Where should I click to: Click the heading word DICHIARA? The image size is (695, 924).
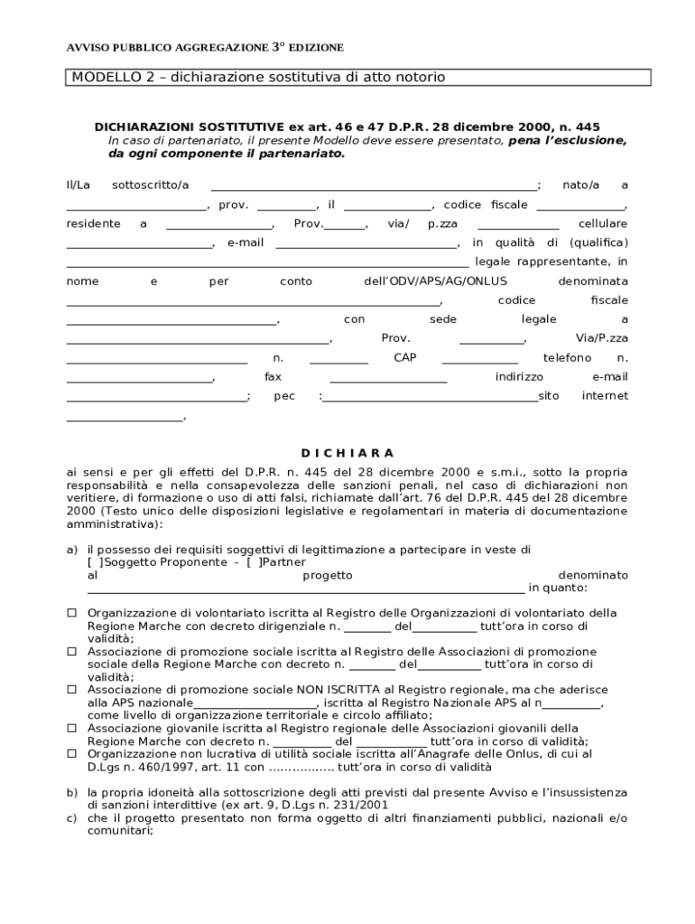(347, 453)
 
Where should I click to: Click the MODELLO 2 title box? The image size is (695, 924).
(358, 78)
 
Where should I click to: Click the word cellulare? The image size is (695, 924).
(603, 224)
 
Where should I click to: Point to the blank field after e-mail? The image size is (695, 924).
(366, 244)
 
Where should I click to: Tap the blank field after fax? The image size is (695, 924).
(388, 377)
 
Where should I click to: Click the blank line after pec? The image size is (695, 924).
(431, 397)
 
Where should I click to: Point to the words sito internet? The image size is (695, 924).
(583, 396)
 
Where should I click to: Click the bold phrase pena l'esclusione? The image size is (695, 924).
(568, 142)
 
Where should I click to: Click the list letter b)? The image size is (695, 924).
(71, 792)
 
